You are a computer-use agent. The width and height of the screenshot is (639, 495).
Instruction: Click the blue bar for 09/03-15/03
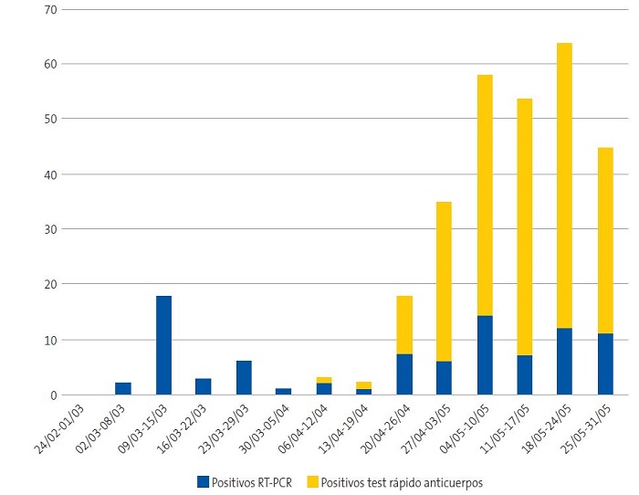(x=163, y=345)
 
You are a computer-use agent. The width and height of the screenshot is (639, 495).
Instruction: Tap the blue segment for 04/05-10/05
(x=485, y=355)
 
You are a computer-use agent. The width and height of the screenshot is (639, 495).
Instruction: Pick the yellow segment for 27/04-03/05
(x=445, y=281)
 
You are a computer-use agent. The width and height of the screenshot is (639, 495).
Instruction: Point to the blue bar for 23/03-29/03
(x=244, y=378)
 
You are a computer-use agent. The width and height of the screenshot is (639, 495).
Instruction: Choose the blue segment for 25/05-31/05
(x=605, y=364)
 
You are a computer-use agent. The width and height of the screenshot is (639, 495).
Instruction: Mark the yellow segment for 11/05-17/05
(x=525, y=226)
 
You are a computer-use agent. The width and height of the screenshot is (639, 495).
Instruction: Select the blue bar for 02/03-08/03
(x=123, y=389)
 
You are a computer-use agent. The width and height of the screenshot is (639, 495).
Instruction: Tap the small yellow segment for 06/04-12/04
(x=324, y=380)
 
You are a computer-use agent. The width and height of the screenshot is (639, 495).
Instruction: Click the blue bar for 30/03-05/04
(x=284, y=392)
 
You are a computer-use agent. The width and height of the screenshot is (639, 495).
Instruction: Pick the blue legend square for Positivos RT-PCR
(x=204, y=481)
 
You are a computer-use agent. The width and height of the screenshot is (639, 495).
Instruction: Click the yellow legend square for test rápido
(x=312, y=481)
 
